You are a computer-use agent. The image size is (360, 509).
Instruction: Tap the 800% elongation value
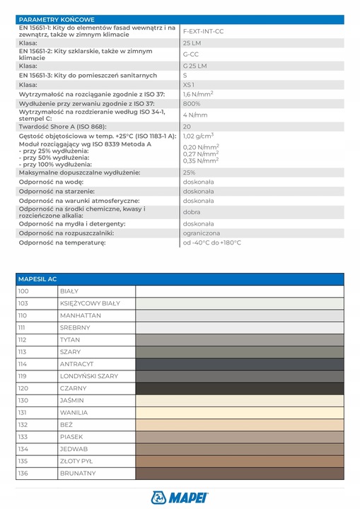192,103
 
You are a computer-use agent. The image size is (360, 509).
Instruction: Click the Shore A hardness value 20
187,126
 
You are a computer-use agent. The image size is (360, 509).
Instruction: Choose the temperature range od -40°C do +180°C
211,242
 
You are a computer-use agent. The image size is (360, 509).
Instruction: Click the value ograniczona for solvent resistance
201,233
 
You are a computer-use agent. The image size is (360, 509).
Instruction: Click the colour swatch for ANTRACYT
239,364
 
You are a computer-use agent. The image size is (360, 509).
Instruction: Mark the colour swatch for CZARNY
239,388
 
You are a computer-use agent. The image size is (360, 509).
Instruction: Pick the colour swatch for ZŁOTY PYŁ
239,461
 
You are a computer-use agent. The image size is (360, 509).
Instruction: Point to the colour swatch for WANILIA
239,412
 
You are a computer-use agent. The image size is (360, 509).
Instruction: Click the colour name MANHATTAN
79,315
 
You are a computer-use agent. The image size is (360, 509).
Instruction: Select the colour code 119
23,376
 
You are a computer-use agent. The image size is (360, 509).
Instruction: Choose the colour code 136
23,473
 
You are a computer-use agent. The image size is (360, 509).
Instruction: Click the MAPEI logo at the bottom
180,497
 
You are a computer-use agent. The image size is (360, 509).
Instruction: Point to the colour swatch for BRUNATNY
239,473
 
